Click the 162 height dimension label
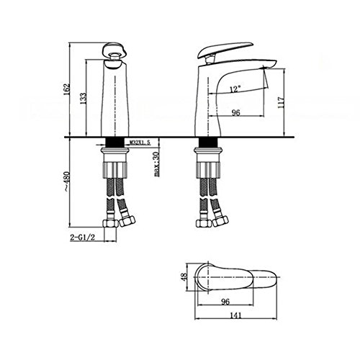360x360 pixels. click(67, 89)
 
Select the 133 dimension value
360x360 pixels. click(83, 99)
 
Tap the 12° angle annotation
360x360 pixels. click(235, 89)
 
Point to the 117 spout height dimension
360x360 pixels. click(281, 102)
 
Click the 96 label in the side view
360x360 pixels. click(235, 112)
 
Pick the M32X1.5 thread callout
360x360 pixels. click(140, 143)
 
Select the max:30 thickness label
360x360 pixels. click(156, 164)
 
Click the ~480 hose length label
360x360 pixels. click(67, 182)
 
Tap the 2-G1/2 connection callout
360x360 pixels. click(83, 238)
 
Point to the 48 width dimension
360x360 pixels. click(184, 278)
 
